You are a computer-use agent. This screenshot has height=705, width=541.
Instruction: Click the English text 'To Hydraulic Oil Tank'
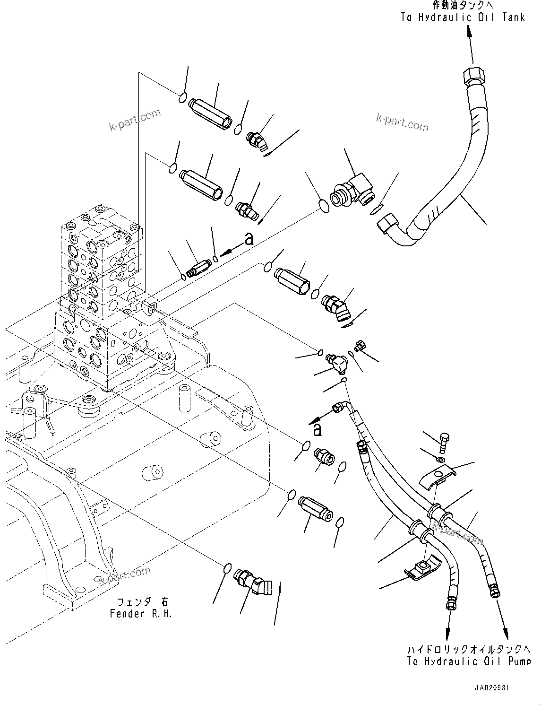tap(463, 17)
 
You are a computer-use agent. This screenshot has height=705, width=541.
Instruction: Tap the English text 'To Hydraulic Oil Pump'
tap(468, 661)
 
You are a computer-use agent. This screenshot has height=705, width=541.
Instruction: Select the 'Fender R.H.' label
tap(141, 614)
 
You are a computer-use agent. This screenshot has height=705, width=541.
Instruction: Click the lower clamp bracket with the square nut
tap(422, 566)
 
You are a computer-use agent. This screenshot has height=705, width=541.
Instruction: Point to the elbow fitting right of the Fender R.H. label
tap(254, 581)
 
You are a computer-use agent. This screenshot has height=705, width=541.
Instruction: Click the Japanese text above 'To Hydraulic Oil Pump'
tap(468, 649)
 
